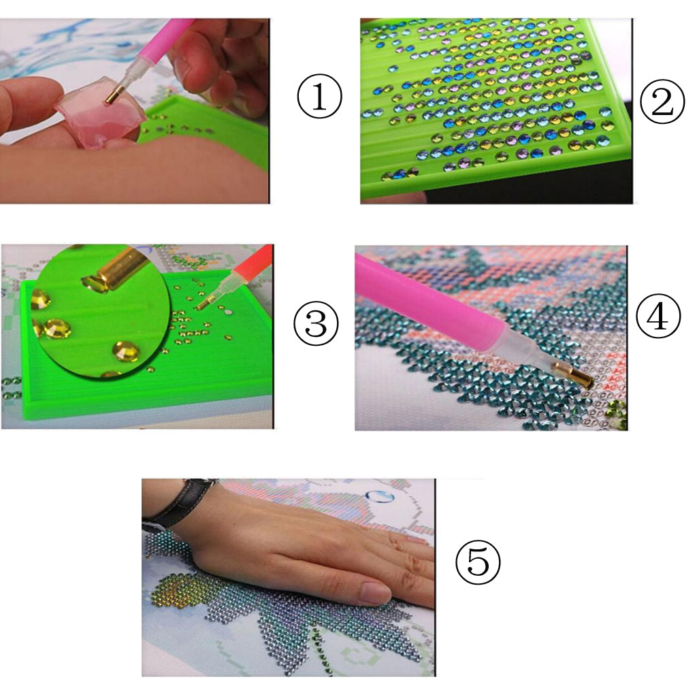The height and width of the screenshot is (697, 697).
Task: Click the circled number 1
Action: pos(319,97)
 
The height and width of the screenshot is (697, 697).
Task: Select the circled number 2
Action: pos(662,102)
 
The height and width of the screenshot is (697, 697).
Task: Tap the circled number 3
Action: pos(316,323)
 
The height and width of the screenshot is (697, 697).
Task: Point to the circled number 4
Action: pos(658,316)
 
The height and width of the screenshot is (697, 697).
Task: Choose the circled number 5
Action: pos(478,562)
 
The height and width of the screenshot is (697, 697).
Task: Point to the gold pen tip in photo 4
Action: pos(574,375)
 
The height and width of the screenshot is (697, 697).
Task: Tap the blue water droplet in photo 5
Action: pos(379,496)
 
